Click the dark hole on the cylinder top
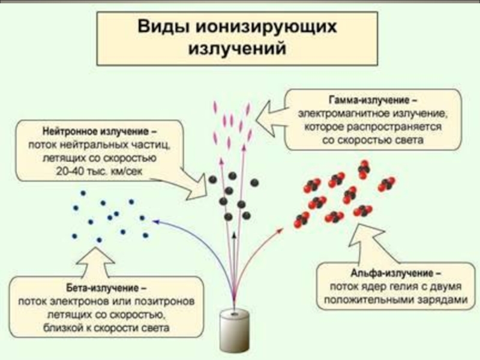[x=233, y=313]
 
